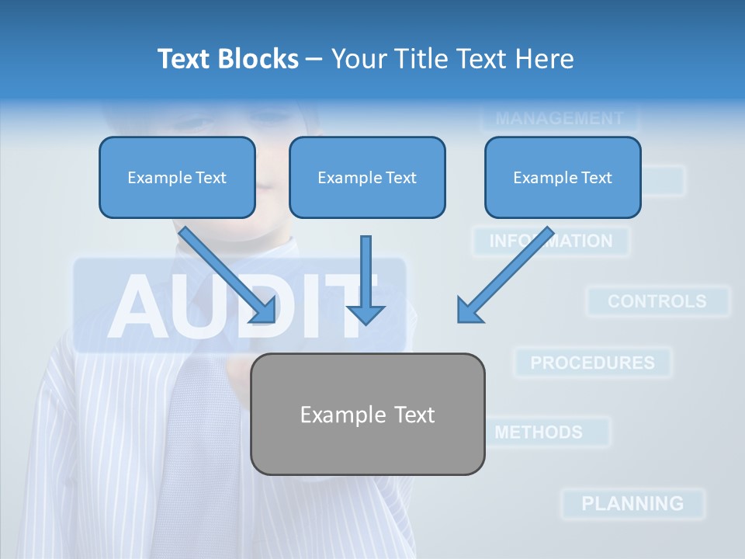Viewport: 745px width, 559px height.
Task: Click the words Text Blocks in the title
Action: tap(227, 59)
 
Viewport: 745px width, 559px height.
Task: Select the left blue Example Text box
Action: tap(177, 177)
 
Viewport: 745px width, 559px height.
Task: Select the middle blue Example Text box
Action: tap(367, 177)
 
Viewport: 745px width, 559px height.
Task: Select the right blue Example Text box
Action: tap(563, 177)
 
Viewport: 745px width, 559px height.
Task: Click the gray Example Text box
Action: tap(367, 414)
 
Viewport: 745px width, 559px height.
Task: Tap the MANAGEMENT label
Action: tap(559, 119)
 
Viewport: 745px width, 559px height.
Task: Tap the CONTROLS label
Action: tap(657, 301)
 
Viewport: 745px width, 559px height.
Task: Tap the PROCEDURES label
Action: tap(592, 363)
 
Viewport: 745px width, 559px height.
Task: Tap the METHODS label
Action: tap(539, 432)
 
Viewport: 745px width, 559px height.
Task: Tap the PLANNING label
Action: tap(632, 503)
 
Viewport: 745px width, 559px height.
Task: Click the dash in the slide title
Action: tap(314, 59)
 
